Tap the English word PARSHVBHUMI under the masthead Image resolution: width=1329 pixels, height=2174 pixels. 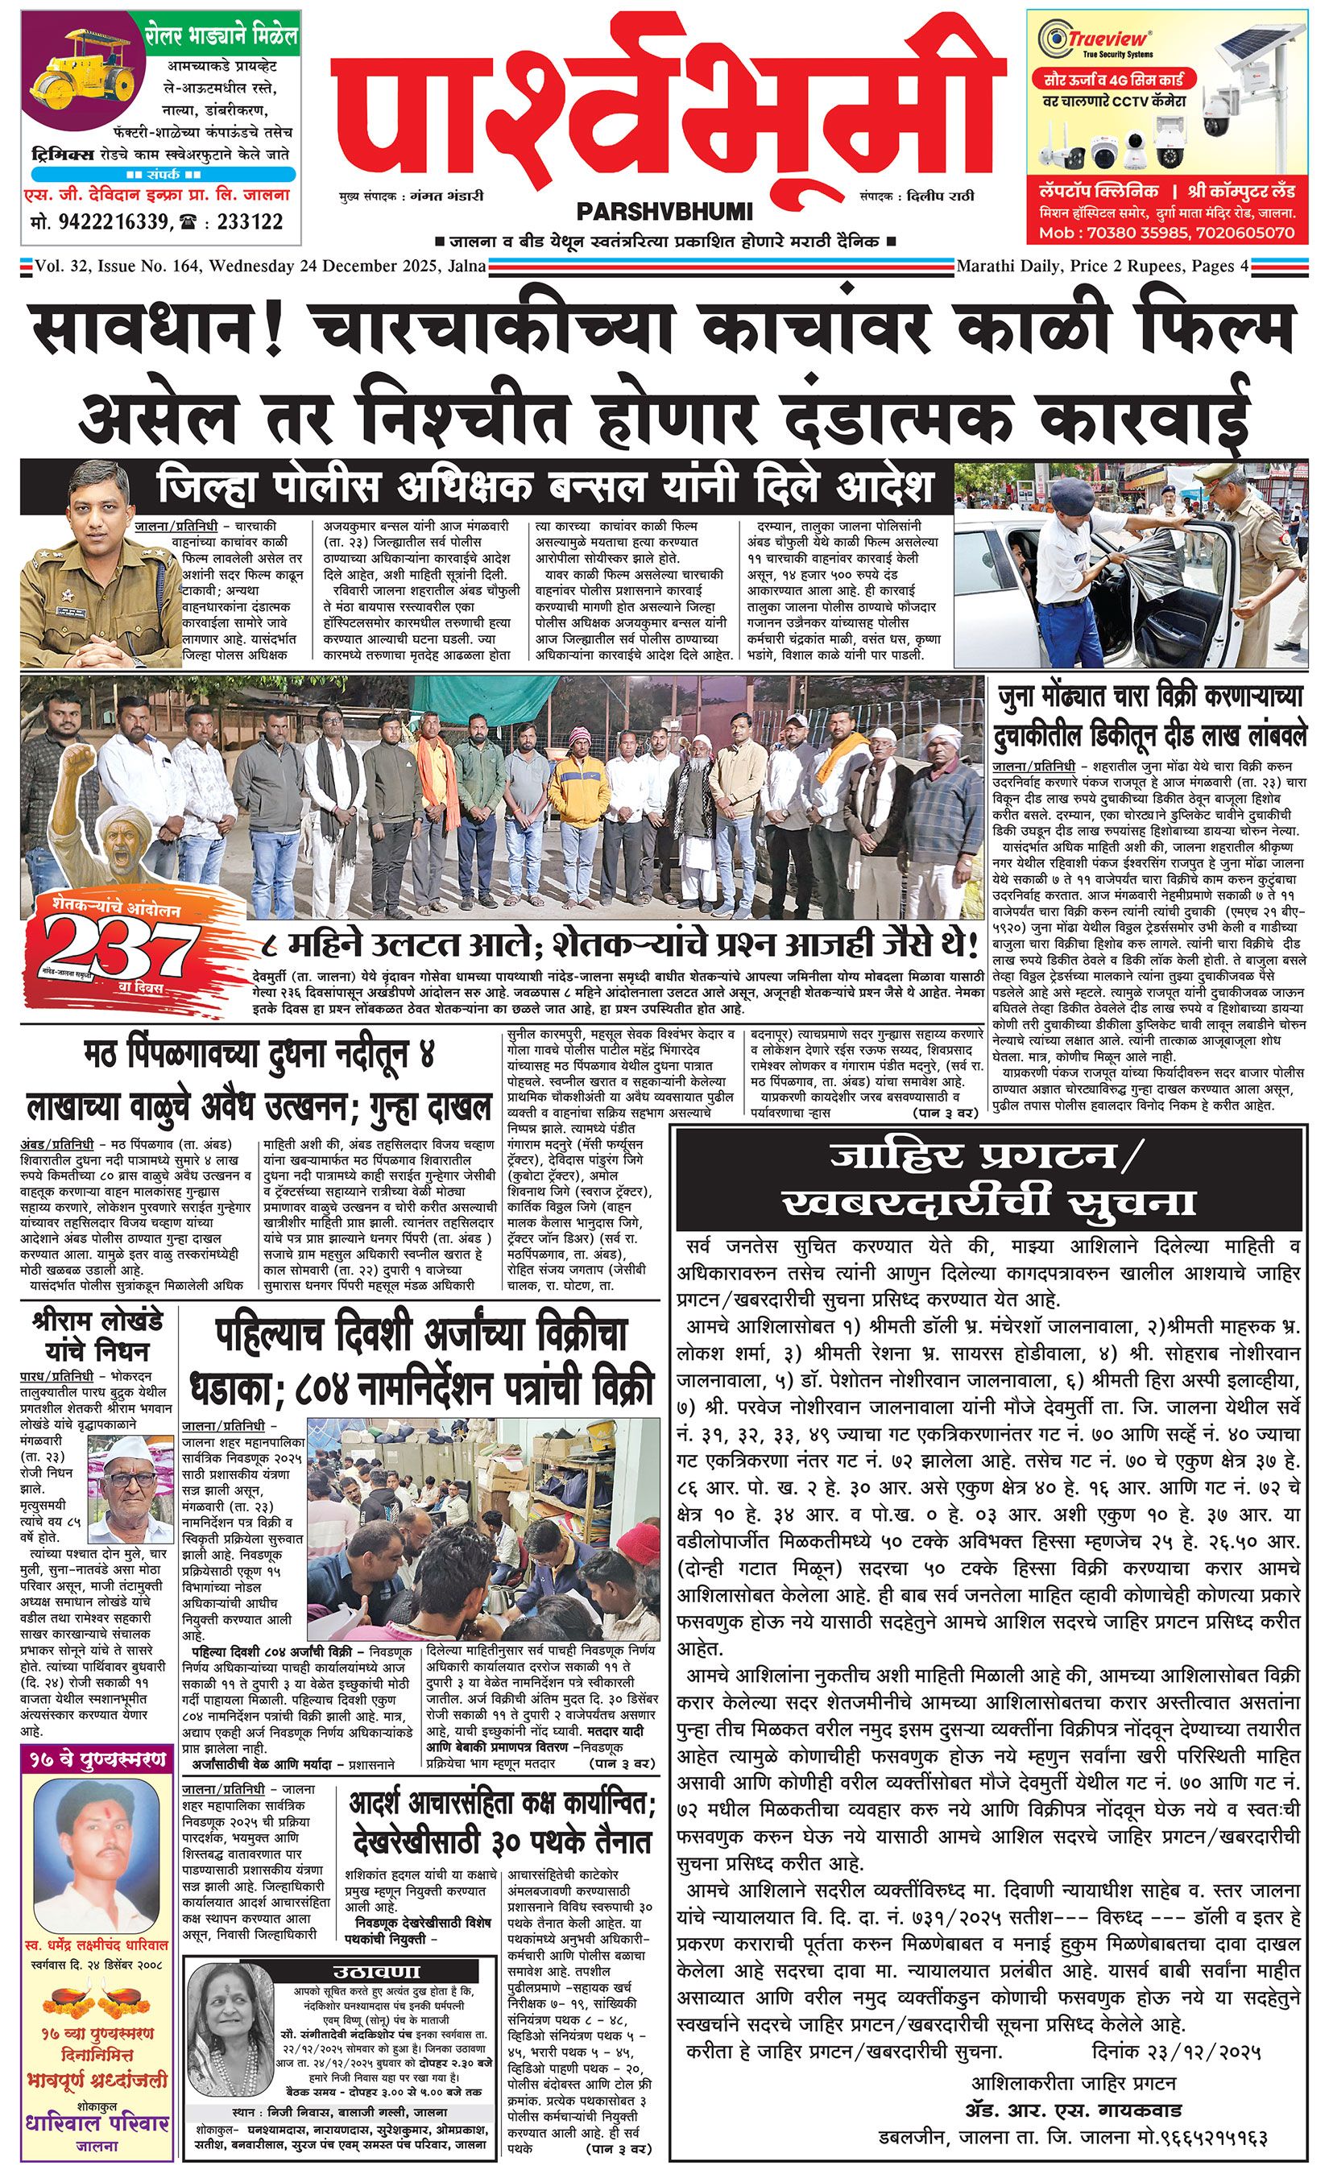[664, 212]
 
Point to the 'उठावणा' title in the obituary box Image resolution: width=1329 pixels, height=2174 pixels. [377, 1972]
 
